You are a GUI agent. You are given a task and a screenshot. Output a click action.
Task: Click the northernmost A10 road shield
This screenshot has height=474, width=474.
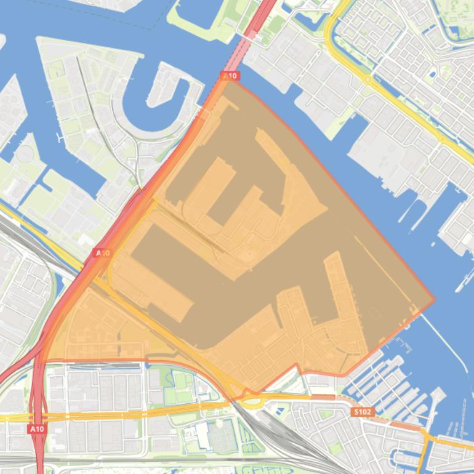coord(229,76)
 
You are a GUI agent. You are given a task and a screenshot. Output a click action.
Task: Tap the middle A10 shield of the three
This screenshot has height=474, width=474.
coord(102,252)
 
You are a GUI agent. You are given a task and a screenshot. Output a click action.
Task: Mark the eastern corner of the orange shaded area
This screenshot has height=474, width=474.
coord(434,300)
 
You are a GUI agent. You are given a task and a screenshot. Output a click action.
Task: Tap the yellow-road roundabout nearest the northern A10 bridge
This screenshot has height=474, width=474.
coord(368,79)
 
